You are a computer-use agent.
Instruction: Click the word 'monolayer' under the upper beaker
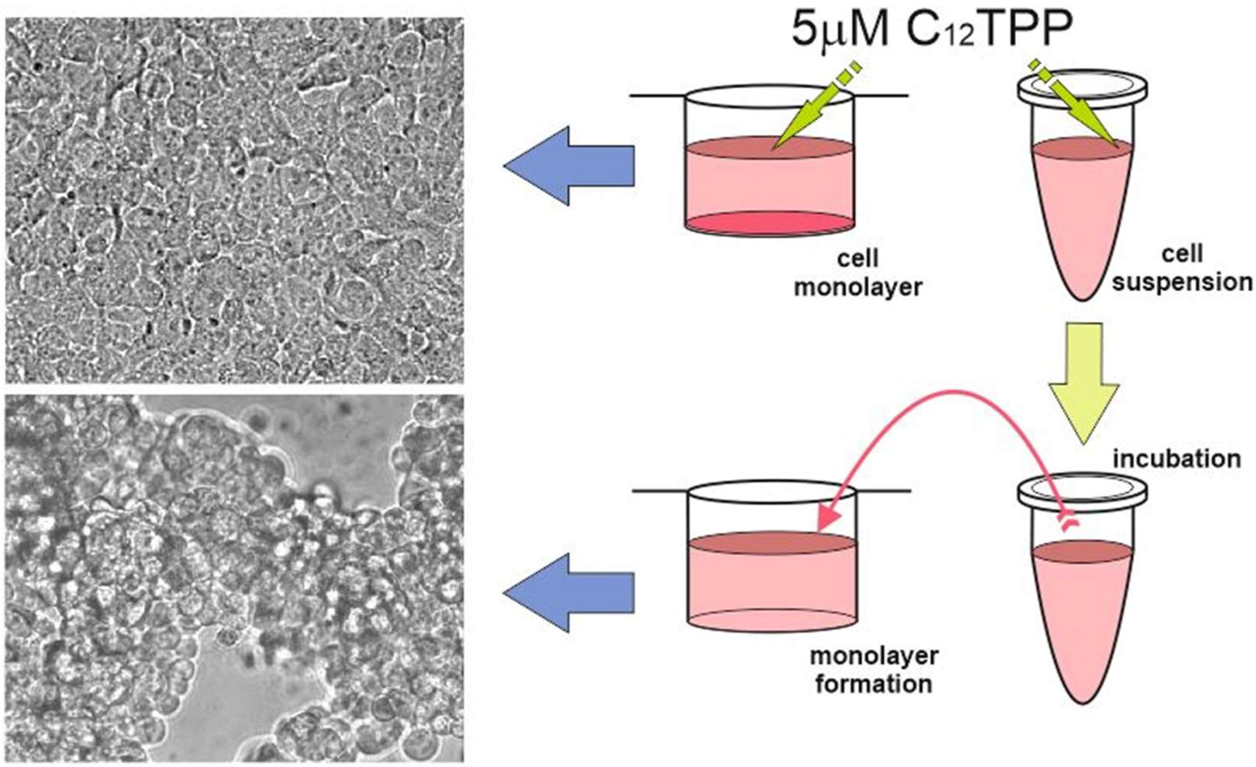tap(858, 288)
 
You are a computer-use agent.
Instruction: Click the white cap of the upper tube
tap(1082, 91)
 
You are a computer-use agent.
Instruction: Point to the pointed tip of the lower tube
tap(1083, 700)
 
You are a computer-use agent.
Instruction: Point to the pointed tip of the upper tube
tap(1083, 297)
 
